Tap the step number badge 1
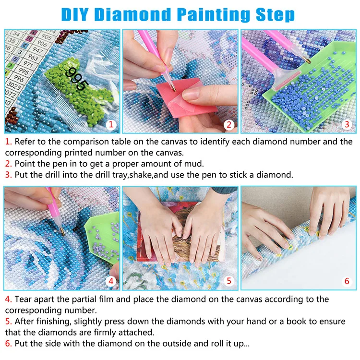click(111, 125)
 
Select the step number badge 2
click(229, 125)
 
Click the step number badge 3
click(347, 125)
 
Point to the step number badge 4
click(111, 281)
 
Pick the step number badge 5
click(229, 281)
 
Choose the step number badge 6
click(347, 281)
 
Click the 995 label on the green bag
click(77, 79)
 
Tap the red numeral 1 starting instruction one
click(8, 142)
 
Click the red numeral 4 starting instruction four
click(8, 299)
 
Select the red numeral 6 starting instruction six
click(8, 343)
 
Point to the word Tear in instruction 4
click(24, 299)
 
